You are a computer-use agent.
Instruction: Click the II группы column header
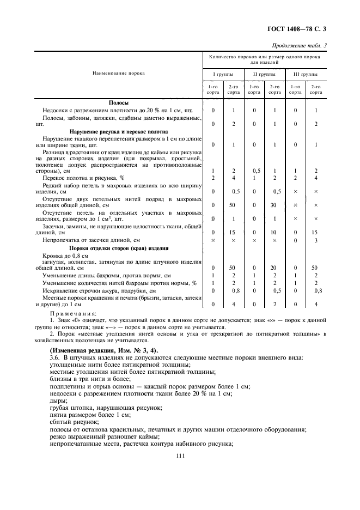coord(264,74)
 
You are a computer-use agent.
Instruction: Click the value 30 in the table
coord(274,205)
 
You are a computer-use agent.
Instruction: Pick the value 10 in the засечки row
coord(274,232)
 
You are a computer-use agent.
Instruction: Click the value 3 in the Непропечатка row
coord(315,240)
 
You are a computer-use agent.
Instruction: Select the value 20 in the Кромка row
coord(274,268)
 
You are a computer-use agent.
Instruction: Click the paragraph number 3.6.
coord(54,357)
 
